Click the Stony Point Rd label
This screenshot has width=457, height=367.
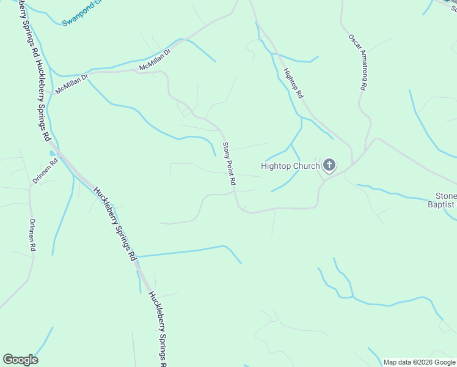click(x=228, y=164)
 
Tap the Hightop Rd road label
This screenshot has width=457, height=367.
click(x=293, y=84)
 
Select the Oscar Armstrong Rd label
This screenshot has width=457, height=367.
click(x=357, y=62)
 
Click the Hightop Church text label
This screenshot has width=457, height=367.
click(x=290, y=166)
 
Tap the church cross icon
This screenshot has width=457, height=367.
click(x=329, y=165)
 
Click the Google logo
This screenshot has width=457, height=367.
click(x=20, y=360)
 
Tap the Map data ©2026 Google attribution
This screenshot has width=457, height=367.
click(x=420, y=362)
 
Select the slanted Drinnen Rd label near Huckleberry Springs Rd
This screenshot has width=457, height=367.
click(x=45, y=171)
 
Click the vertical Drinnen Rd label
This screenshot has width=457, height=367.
click(x=32, y=236)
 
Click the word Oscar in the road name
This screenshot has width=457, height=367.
click(x=353, y=45)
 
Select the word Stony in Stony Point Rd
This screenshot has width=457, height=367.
click(x=225, y=150)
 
